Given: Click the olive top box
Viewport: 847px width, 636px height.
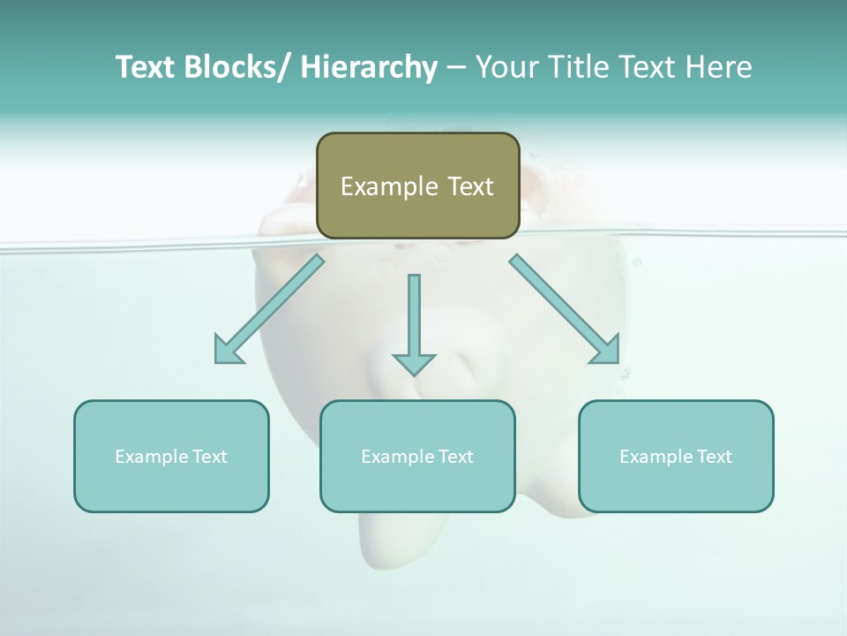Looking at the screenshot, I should [417, 185].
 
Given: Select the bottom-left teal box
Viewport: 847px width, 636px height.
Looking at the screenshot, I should [171, 456].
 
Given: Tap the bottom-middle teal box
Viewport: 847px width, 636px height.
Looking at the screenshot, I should [417, 456].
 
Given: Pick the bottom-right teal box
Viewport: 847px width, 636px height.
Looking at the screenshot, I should [676, 456].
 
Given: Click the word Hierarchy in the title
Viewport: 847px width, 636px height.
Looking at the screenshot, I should [369, 67].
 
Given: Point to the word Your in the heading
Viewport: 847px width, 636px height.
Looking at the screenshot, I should [505, 67].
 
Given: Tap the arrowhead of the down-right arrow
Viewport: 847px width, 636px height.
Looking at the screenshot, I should [606, 350].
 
